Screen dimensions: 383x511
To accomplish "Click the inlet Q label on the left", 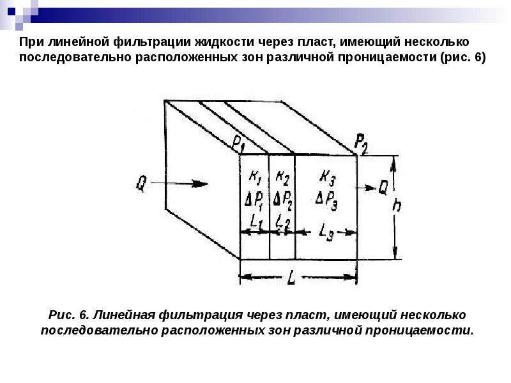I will click(x=142, y=184).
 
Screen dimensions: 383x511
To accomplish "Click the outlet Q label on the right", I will click(x=383, y=187).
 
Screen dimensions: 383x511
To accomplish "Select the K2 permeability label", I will click(x=282, y=178).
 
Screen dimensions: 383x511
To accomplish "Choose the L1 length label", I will click(x=256, y=221).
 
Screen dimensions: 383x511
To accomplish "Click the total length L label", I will click(x=291, y=278).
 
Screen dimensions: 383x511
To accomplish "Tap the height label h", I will click(x=396, y=205).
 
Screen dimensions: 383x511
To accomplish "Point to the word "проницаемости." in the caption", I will click(x=421, y=331).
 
